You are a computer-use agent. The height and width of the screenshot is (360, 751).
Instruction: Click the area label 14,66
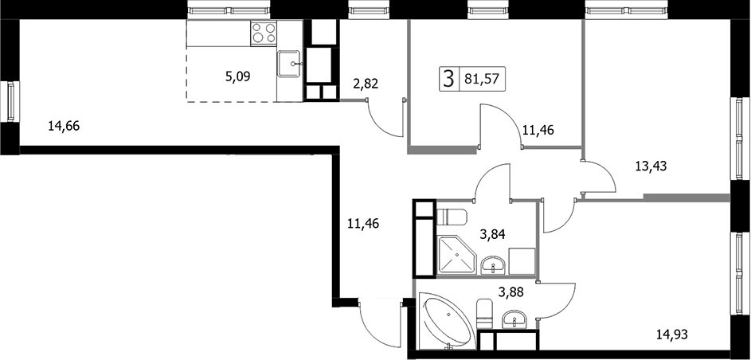64,127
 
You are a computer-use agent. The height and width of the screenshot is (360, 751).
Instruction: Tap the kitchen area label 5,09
237,76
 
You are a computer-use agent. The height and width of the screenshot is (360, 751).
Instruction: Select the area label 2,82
366,84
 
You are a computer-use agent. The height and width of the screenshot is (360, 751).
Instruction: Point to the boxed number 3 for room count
448,80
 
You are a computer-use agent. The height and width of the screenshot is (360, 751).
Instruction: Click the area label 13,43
651,166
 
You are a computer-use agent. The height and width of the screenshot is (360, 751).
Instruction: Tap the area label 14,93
671,335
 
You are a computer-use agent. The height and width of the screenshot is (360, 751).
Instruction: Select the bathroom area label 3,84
493,234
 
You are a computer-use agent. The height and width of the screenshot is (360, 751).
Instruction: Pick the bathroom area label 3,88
511,292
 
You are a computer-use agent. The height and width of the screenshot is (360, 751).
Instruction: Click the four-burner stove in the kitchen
264,33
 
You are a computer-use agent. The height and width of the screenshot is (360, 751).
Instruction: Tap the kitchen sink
289,64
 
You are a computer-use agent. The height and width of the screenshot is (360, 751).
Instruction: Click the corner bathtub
448,320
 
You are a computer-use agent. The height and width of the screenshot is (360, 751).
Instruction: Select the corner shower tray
457,255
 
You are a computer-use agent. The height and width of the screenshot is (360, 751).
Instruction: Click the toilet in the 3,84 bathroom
452,217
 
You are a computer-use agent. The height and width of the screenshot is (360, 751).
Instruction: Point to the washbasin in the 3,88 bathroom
515,319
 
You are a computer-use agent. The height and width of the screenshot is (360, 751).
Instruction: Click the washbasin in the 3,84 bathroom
493,264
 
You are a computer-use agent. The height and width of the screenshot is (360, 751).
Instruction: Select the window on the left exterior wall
10,101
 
